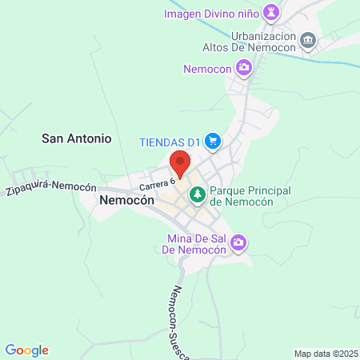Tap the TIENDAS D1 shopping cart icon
(212, 142)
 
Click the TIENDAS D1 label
(168, 142)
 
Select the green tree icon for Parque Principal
(196, 192)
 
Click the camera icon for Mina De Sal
(238, 242)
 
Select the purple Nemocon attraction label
(207, 70)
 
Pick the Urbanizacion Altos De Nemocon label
(264, 41)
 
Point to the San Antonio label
(77, 138)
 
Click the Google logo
(26, 350)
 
